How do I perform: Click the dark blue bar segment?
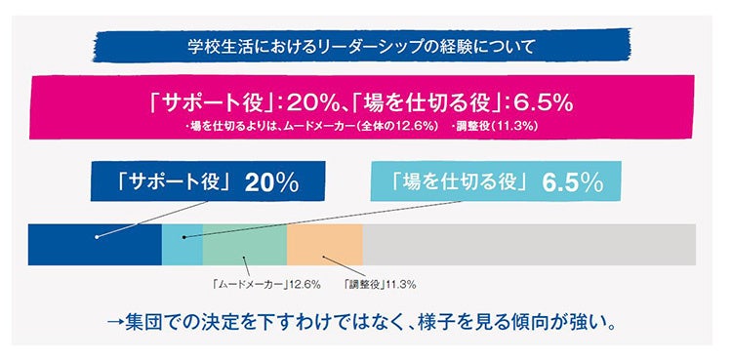click(127, 245)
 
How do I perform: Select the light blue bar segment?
click(183, 245)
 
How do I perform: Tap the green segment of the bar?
click(244, 245)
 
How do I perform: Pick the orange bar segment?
click(324, 245)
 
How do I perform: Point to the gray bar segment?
click(527, 245)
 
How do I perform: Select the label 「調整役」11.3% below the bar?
click(379, 285)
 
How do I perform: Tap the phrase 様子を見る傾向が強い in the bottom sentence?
click(536, 320)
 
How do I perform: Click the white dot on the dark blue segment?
click(97, 236)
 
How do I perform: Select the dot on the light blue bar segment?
click(183, 236)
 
